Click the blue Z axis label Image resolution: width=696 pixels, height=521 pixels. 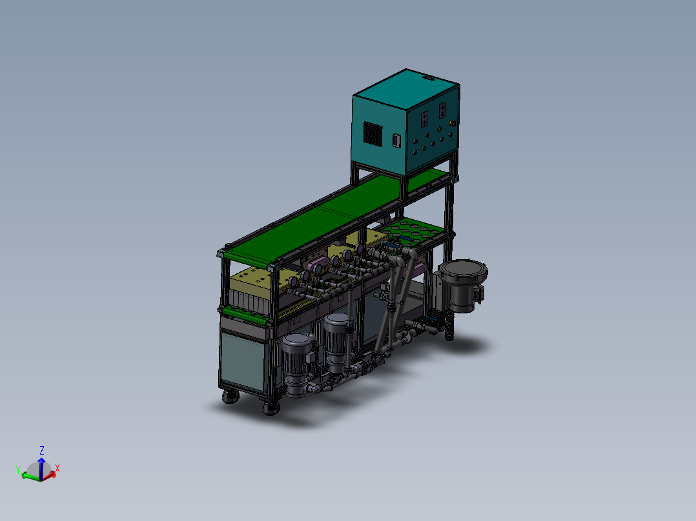42,450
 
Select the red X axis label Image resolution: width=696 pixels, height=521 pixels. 57,468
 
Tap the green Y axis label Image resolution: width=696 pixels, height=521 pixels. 18,469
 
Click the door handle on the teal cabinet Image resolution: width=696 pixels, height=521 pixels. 396,140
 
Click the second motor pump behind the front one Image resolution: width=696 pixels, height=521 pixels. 336,342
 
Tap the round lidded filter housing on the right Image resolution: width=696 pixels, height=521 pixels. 462,284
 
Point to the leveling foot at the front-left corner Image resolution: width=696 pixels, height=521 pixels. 230,397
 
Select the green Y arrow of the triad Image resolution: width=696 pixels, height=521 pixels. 30,476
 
